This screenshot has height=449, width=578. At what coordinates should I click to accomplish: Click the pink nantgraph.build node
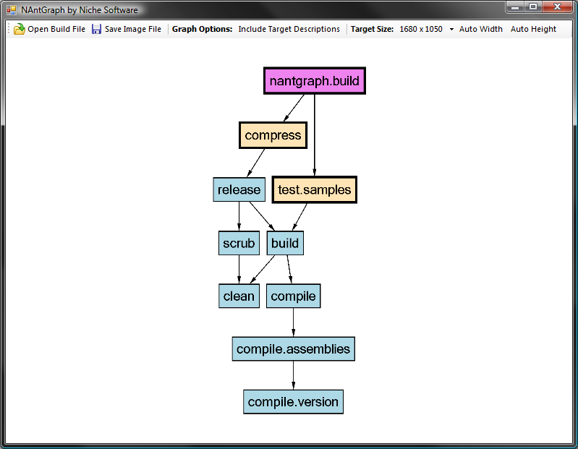(315, 81)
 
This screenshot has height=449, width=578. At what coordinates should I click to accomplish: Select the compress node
(273, 135)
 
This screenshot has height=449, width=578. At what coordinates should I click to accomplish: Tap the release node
(239, 189)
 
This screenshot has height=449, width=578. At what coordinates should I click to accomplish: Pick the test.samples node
(315, 189)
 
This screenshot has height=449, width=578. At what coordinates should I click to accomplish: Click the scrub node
(239, 243)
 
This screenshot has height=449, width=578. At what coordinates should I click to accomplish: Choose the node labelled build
(285, 243)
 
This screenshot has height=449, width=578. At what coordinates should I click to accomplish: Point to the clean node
(239, 296)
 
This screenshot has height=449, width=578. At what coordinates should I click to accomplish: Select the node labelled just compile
(293, 296)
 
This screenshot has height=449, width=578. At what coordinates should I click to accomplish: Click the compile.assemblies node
(293, 348)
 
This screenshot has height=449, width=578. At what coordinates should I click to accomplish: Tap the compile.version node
(293, 402)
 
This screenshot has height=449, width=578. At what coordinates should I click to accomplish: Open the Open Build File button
(49, 29)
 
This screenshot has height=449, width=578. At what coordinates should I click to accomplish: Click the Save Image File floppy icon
(96, 29)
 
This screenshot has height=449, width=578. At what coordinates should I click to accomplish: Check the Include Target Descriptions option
(289, 29)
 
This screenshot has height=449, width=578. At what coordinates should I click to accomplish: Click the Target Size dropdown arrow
(451, 30)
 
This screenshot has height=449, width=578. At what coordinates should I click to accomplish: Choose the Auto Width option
(480, 29)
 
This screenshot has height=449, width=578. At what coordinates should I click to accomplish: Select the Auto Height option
(533, 29)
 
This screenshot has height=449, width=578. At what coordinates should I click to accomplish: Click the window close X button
(557, 7)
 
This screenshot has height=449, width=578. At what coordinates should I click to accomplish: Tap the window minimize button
(515, 7)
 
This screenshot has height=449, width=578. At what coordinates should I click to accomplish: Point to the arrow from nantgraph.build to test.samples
(315, 134)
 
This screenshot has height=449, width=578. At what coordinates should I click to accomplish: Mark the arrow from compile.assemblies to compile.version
(294, 375)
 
